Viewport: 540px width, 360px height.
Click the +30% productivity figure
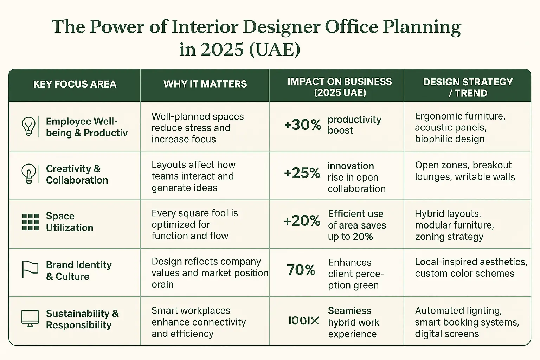coord(303,125)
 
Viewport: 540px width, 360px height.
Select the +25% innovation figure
coord(302,173)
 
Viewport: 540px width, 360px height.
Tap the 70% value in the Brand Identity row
coord(301,270)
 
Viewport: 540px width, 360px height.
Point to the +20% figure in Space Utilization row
coord(302,221)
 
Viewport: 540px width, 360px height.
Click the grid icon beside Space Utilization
coord(30,222)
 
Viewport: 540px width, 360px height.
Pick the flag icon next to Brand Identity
coord(30,270)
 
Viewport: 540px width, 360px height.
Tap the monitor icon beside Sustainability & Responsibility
coord(30,319)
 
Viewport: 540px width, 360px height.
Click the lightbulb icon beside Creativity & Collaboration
coord(28,173)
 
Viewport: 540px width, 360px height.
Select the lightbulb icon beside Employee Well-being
coord(28,126)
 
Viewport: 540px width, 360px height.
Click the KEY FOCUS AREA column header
coord(75,84)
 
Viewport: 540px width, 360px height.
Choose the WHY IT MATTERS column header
coord(205,84)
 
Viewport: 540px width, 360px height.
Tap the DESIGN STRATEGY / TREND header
coord(468,87)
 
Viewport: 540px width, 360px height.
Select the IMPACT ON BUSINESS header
coord(339,87)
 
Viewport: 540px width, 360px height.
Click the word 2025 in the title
coord(222,49)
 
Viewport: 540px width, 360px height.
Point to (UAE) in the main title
coord(275,49)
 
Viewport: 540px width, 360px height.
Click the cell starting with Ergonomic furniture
coord(460,127)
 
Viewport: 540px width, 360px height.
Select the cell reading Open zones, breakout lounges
coord(464,171)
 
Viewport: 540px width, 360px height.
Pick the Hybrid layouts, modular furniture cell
coord(454,225)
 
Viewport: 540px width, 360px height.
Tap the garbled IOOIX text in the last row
coord(303,321)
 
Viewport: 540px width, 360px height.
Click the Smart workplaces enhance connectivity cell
coord(198,322)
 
